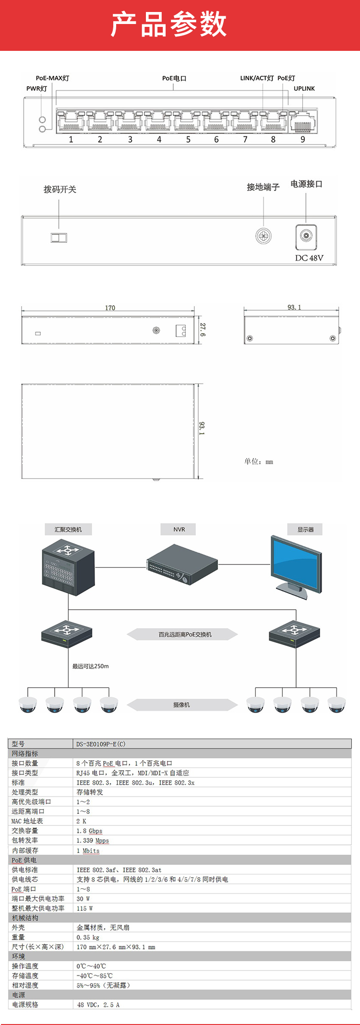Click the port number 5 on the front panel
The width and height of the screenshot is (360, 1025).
(x=188, y=140)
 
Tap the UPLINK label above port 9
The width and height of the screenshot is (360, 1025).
(x=304, y=88)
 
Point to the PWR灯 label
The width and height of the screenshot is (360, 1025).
(x=37, y=88)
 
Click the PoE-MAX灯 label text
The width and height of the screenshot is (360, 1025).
(x=52, y=78)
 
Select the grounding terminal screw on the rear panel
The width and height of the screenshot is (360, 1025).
(x=264, y=236)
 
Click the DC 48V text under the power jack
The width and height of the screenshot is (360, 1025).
(x=309, y=258)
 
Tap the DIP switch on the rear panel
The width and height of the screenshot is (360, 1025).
(x=59, y=238)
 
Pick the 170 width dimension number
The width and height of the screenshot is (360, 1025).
(x=110, y=308)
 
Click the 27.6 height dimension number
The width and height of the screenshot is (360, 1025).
(x=203, y=329)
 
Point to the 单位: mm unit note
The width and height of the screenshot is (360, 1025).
(x=259, y=462)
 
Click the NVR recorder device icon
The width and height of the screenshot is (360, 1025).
(x=182, y=564)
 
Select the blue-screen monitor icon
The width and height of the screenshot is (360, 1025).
(x=296, y=566)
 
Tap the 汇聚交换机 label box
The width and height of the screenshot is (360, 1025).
(x=68, y=529)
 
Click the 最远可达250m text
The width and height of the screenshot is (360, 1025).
(x=91, y=666)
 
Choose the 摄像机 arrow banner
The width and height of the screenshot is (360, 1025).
(x=182, y=704)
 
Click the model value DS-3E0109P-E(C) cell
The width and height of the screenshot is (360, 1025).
(x=101, y=744)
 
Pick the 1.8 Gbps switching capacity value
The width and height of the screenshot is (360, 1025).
(x=89, y=831)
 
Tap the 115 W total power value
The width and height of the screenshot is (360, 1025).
(x=84, y=908)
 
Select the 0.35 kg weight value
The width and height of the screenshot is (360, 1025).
(x=88, y=937)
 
